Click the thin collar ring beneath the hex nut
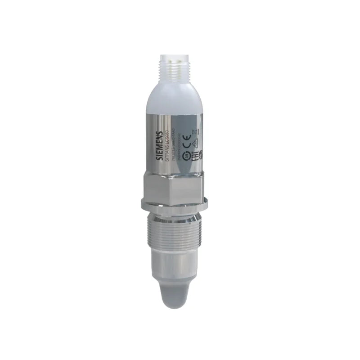(180, 202)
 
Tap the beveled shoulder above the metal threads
(180, 210)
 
